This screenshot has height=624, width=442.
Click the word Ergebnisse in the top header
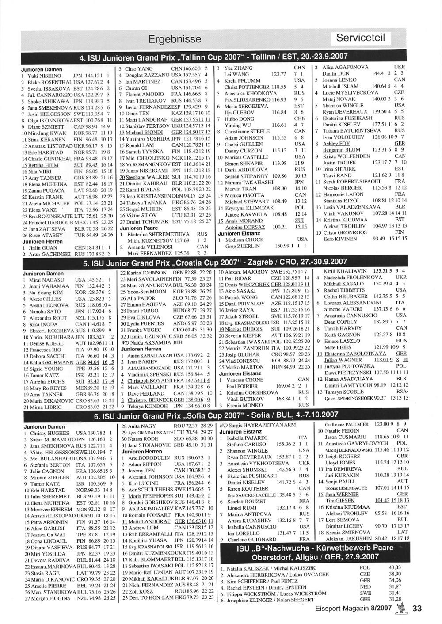175,39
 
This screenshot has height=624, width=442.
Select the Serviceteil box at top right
361,38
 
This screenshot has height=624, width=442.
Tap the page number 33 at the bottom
417,609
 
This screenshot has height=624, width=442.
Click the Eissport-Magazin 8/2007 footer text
354,609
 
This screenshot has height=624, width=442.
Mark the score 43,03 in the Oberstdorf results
395,567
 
